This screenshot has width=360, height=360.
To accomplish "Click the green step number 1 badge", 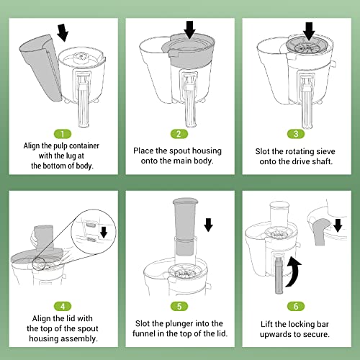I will pos(63,133).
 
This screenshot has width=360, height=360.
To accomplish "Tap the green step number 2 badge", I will pos(179,133).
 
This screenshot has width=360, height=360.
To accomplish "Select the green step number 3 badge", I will pos(297,133).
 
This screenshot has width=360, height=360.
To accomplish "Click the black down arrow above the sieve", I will pos(309,31).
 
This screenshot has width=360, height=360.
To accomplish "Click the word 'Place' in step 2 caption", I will pos(147,150).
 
